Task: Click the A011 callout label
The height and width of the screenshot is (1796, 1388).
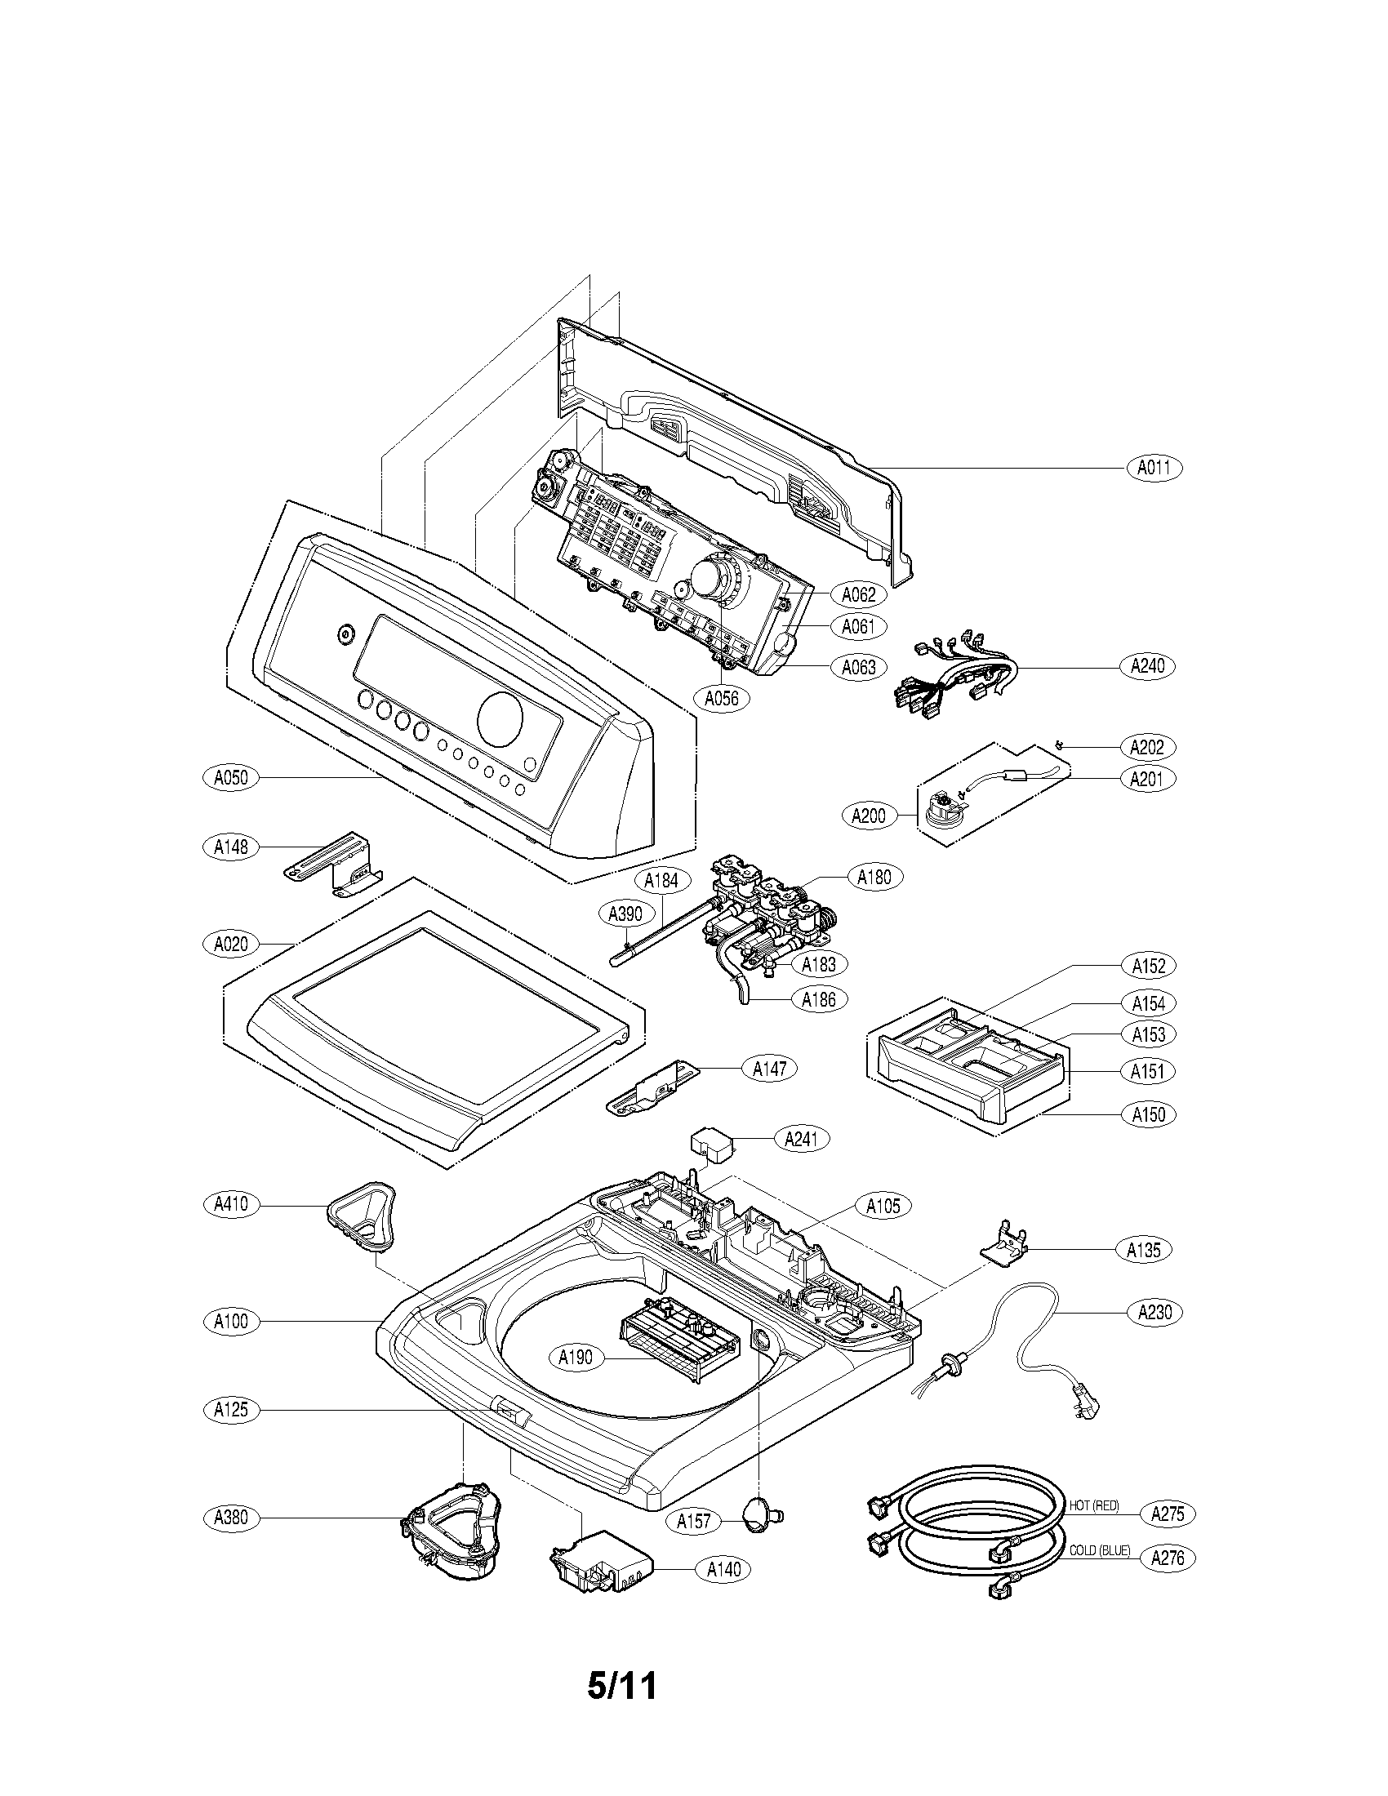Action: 1154,469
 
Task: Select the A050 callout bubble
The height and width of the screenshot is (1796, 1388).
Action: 231,777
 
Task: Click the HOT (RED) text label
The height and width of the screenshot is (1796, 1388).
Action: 1093,1505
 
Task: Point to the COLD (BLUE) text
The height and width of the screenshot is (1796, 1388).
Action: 1100,1551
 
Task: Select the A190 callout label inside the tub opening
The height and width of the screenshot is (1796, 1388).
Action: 576,1358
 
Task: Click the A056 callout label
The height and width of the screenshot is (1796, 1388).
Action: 721,699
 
